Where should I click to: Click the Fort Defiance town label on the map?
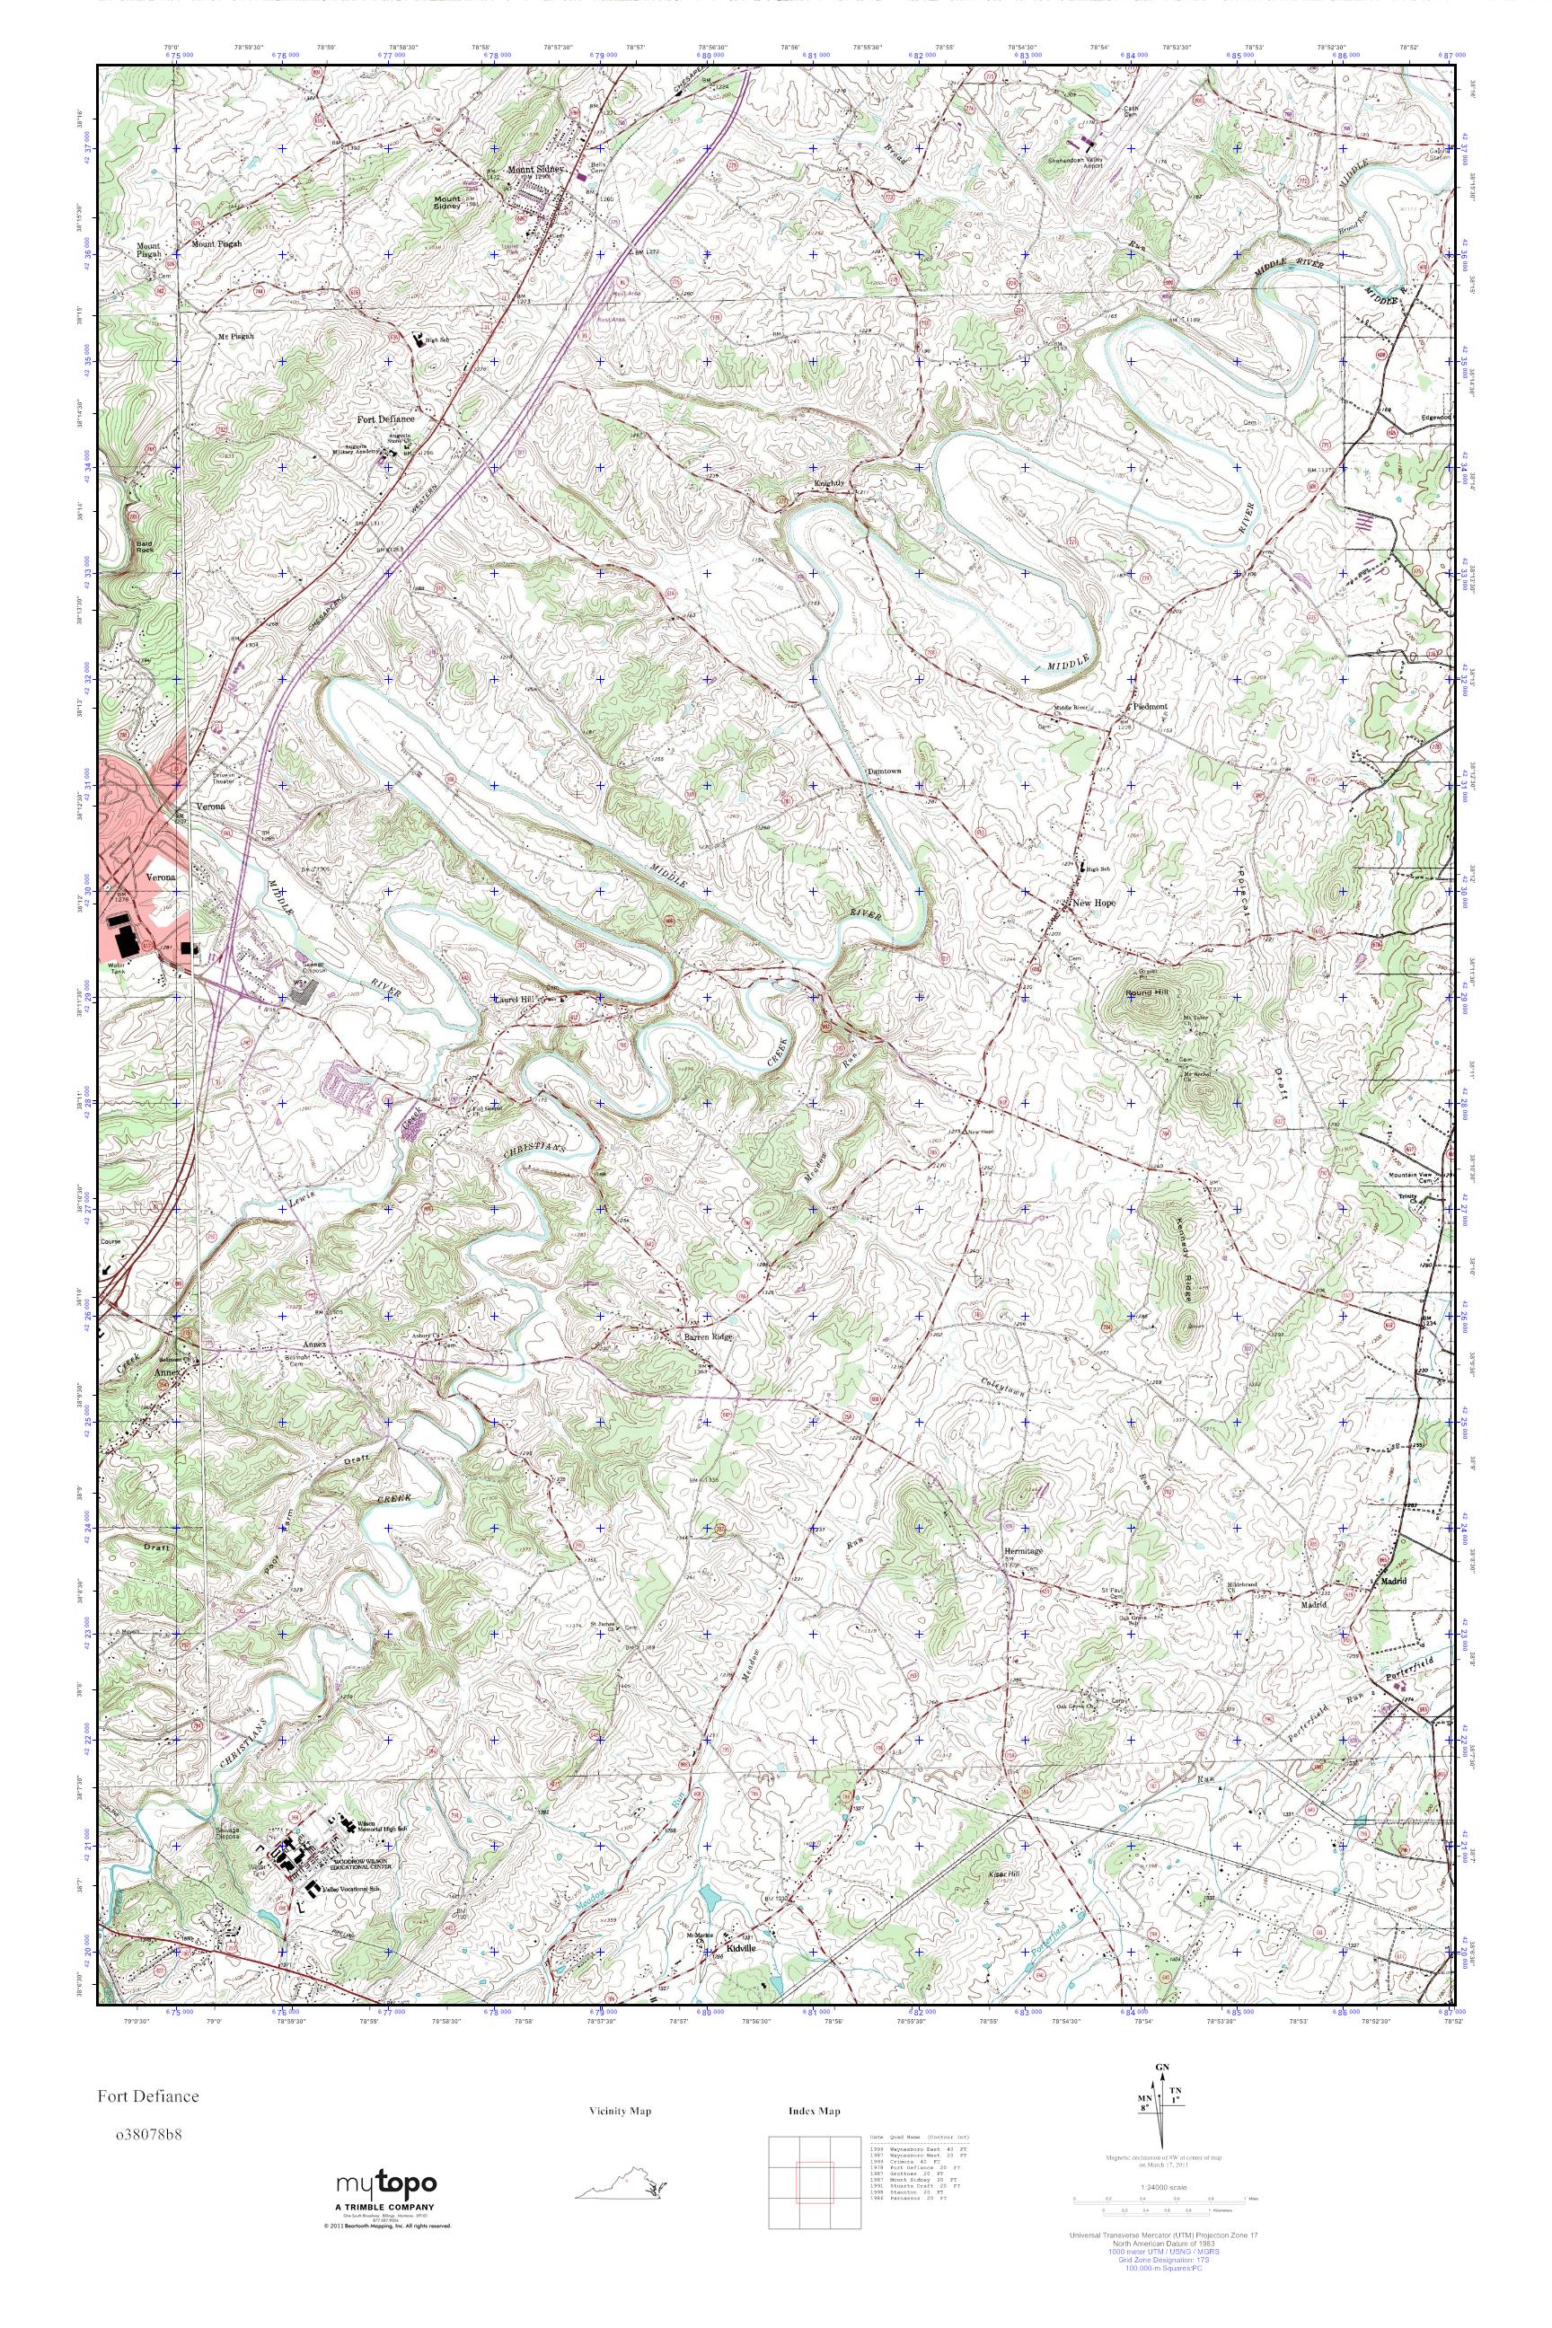pos(385,419)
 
